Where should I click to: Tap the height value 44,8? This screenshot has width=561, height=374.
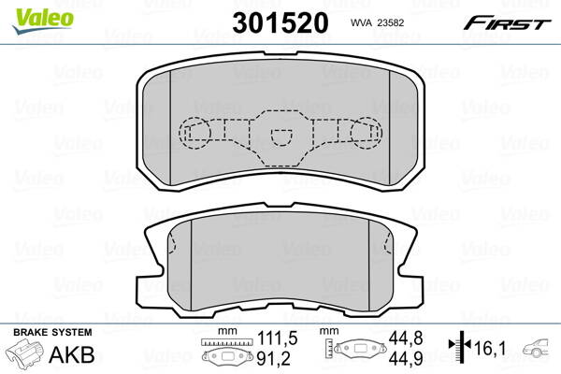coord(401,338)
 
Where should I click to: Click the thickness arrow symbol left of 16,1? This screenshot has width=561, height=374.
coord(459,348)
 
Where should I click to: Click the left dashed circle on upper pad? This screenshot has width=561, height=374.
coord(194,133)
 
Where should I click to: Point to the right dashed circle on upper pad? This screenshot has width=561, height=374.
coord(364,133)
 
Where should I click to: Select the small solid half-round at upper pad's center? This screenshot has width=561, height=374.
coord(280,137)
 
